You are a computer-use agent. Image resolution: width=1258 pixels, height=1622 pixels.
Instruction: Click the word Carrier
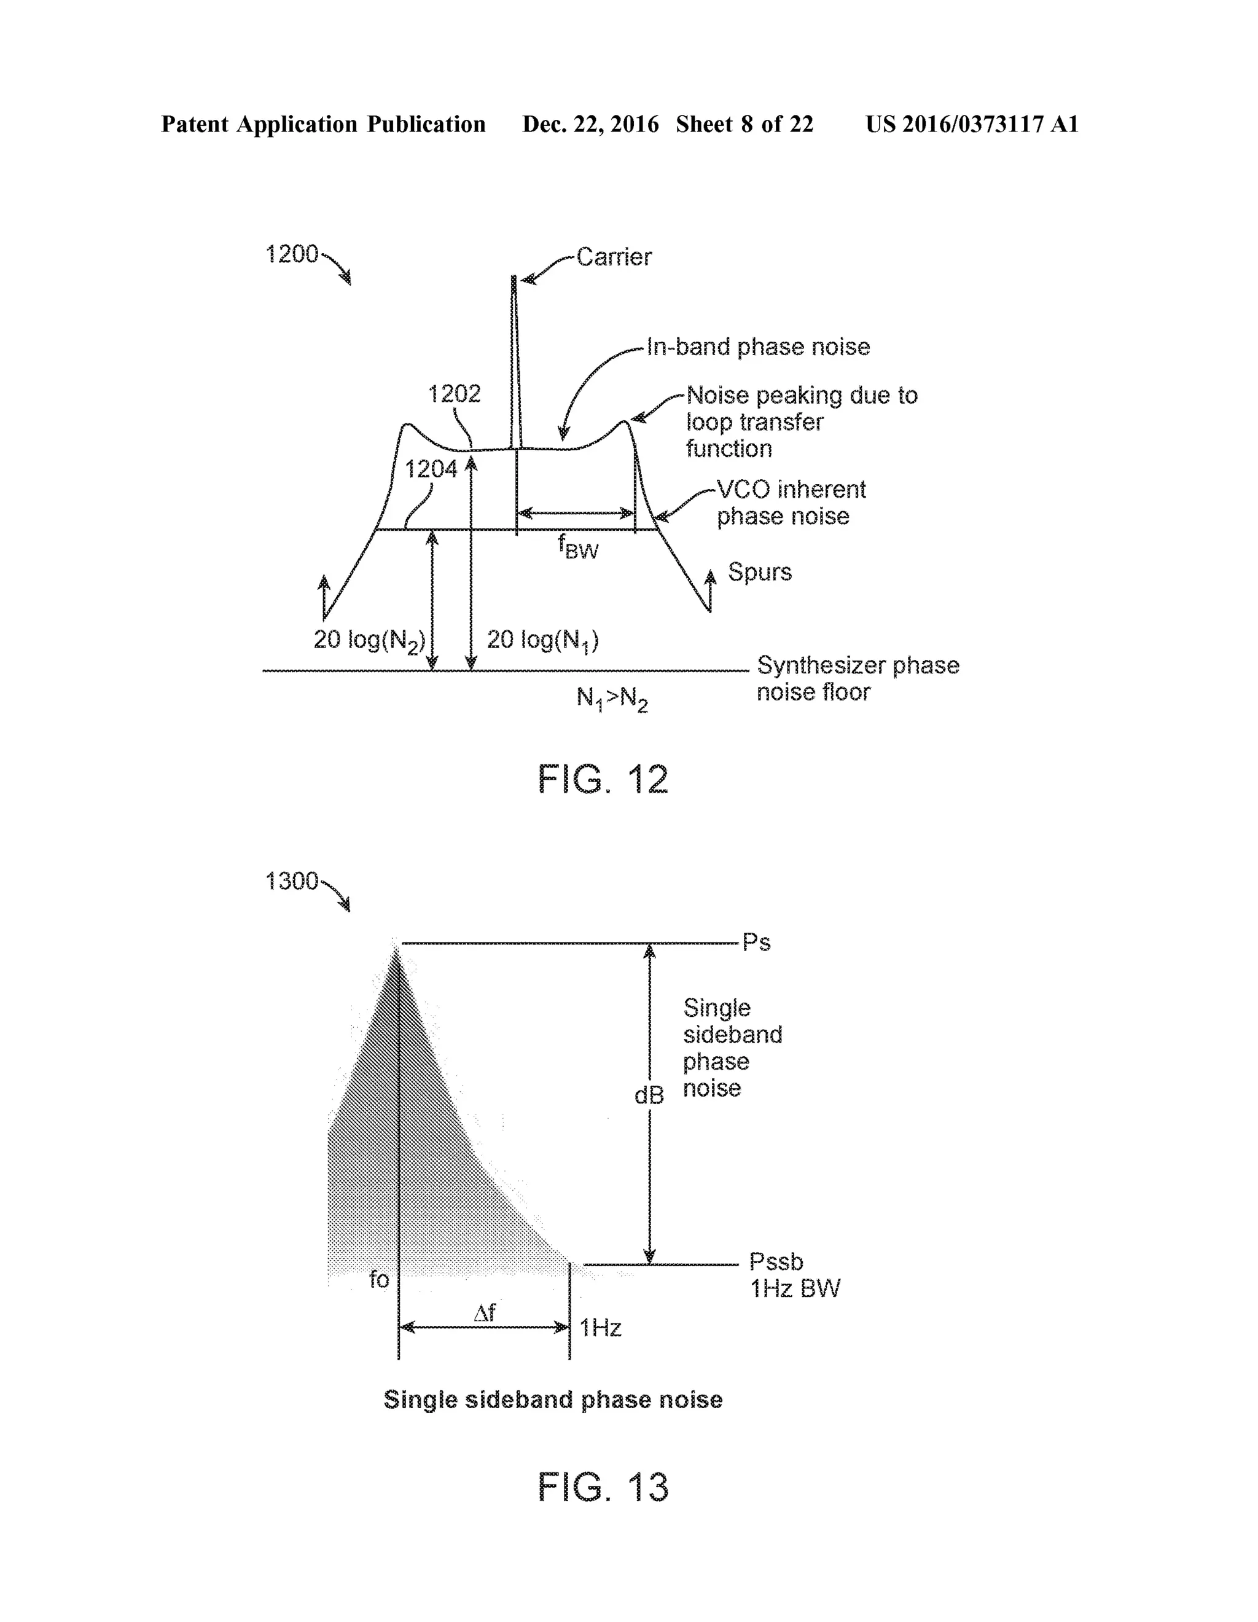pyautogui.click(x=614, y=257)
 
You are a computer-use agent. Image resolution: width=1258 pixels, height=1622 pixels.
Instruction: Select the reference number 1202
pyautogui.click(x=454, y=394)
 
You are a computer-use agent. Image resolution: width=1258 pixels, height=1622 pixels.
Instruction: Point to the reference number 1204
pyautogui.click(x=431, y=469)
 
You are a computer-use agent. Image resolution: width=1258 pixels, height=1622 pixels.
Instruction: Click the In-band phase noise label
pyautogui.click(x=757, y=347)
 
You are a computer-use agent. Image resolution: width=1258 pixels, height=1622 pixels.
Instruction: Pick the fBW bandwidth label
pyautogui.click(x=579, y=547)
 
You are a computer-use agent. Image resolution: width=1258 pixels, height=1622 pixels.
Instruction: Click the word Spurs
pyautogui.click(x=759, y=572)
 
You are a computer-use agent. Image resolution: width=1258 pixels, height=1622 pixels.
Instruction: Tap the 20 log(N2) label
pyautogui.click(x=369, y=640)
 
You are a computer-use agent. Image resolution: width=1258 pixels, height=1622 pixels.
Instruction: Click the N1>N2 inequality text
pyautogui.click(x=612, y=698)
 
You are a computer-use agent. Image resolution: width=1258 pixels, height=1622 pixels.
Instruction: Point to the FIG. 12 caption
pyautogui.click(x=602, y=780)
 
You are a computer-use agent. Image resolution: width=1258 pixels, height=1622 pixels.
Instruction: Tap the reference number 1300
pyautogui.click(x=292, y=881)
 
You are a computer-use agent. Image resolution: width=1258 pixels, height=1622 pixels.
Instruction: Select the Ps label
pyautogui.click(x=756, y=942)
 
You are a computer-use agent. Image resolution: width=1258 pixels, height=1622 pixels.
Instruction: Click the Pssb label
pyautogui.click(x=775, y=1261)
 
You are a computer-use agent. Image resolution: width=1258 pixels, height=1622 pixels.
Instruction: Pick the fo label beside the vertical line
pyautogui.click(x=379, y=1279)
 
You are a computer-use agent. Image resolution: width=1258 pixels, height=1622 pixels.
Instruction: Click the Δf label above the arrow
pyautogui.click(x=484, y=1313)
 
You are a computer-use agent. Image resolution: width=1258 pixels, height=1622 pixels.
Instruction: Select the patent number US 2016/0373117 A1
pyautogui.click(x=971, y=124)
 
